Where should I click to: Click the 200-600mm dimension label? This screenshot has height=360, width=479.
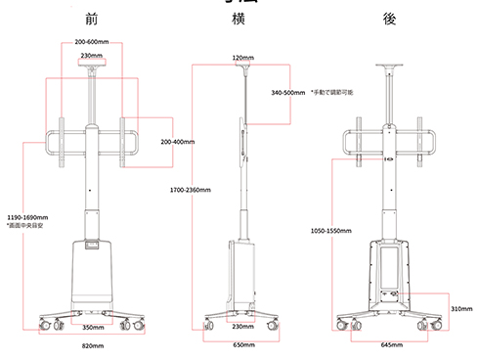91,42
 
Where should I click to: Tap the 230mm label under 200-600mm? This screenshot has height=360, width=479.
92,56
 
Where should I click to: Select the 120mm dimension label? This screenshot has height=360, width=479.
242,58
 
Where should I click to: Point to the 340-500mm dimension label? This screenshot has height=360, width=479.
288,93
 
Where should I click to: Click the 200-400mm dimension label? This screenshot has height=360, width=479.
178,142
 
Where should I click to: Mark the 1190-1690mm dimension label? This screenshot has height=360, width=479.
27,217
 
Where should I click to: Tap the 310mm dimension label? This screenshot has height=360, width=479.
462,308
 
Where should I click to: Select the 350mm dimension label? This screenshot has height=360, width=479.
92,327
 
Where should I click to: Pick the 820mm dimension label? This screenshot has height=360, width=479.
92,345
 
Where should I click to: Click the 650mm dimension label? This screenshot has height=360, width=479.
242,345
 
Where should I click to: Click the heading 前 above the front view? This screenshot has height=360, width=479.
91,18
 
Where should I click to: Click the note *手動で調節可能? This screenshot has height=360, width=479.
332,93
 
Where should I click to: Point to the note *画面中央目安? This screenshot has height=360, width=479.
25,226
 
